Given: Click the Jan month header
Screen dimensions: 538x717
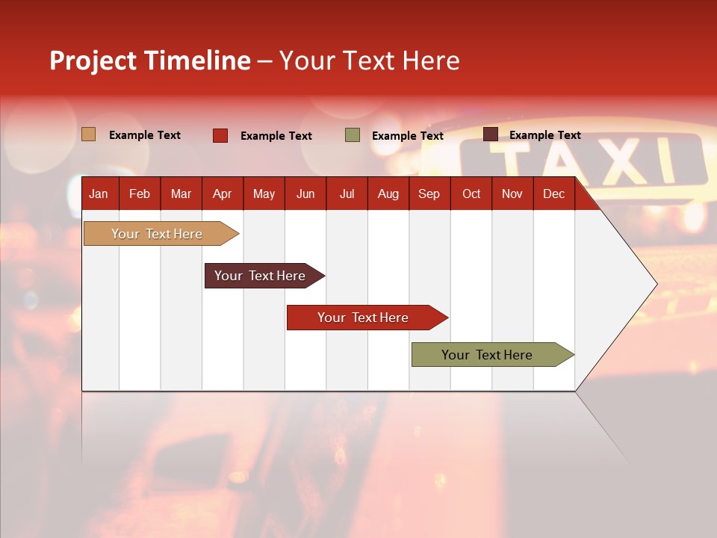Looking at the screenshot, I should tap(99, 194).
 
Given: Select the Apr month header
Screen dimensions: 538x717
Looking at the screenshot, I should tap(222, 194).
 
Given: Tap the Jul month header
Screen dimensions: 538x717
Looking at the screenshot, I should tap(347, 194).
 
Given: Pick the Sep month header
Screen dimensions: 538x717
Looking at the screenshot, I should tap(429, 194).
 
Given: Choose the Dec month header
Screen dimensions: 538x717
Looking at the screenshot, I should tap(553, 194).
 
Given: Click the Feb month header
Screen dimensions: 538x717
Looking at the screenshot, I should tap(140, 194).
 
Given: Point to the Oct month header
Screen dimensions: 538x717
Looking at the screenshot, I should tap(471, 194).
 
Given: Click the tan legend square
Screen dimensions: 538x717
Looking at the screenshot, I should tap(89, 134).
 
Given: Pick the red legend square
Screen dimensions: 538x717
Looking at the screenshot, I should tap(220, 135).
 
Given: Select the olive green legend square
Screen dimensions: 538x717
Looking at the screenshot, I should tap(353, 135).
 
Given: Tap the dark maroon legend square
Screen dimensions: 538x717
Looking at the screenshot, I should tap(491, 134).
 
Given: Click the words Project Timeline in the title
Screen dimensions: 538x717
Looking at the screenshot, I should tap(149, 61).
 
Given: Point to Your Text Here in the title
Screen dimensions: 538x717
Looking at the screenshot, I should tap(369, 61).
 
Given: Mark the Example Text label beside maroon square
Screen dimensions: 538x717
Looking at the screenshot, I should tap(544, 135).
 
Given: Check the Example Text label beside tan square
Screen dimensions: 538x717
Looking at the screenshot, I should tap(145, 135).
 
